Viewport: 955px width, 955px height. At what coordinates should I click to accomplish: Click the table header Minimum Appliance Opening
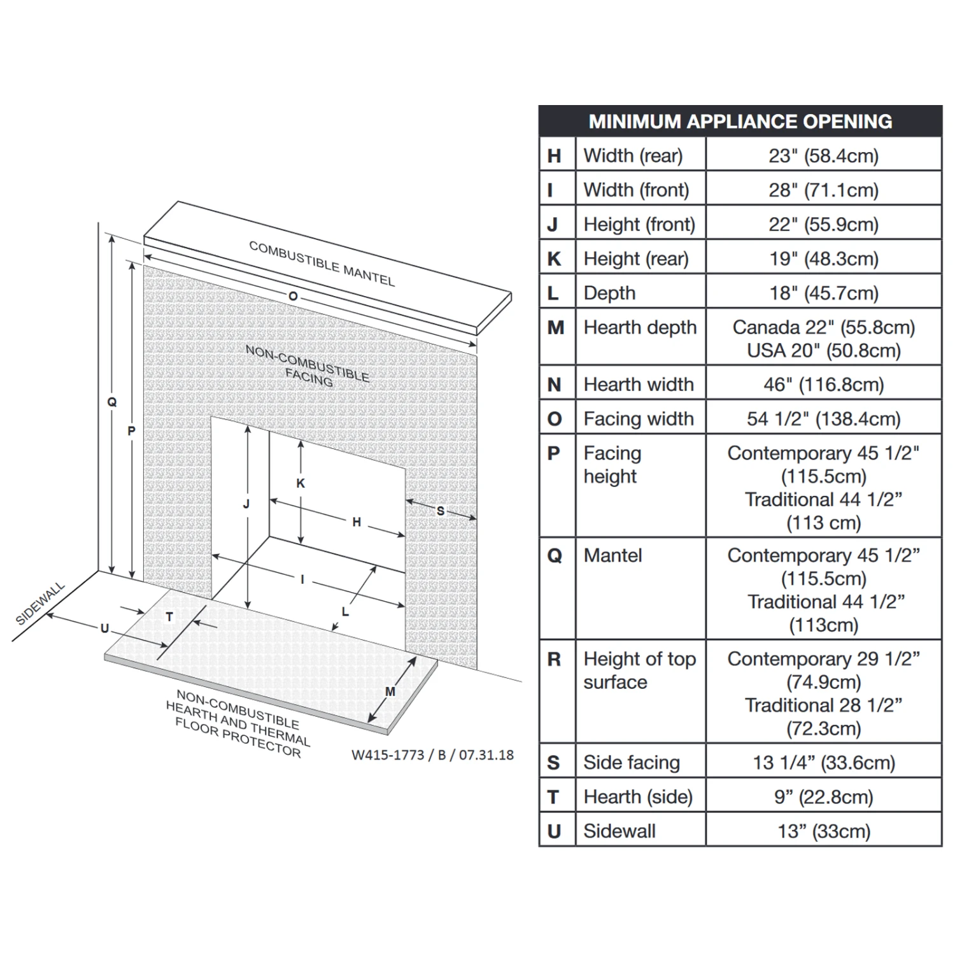[740, 122]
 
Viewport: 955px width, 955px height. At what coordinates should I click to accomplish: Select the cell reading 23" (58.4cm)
[823, 156]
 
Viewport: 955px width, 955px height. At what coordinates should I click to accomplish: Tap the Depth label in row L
[609, 293]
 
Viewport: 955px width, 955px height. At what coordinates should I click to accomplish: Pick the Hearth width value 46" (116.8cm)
[823, 385]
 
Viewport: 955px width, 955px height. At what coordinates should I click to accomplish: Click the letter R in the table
[554, 659]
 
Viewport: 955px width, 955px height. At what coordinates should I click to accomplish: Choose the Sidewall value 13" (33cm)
[823, 831]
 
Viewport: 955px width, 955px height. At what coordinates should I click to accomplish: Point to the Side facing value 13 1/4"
[823, 762]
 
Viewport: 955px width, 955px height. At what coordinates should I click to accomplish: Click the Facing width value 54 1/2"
[823, 419]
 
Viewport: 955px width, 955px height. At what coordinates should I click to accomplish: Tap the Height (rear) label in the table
[635, 259]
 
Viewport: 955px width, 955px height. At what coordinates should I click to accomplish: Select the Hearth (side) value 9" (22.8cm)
[823, 796]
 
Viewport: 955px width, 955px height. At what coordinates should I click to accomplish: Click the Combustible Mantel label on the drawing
[322, 263]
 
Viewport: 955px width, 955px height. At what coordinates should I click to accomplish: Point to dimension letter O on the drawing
[293, 297]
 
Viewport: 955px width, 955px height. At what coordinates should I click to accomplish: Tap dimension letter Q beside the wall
[112, 402]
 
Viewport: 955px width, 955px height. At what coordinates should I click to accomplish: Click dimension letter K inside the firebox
[301, 483]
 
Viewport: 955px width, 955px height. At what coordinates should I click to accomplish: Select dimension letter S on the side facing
[440, 511]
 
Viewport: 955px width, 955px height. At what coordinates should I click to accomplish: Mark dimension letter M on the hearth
[390, 691]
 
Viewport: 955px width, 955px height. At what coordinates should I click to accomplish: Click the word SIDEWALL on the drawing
[40, 603]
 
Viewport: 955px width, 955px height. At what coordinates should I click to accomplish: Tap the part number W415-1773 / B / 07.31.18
[432, 755]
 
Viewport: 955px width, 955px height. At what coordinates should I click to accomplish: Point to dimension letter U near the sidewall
[104, 628]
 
